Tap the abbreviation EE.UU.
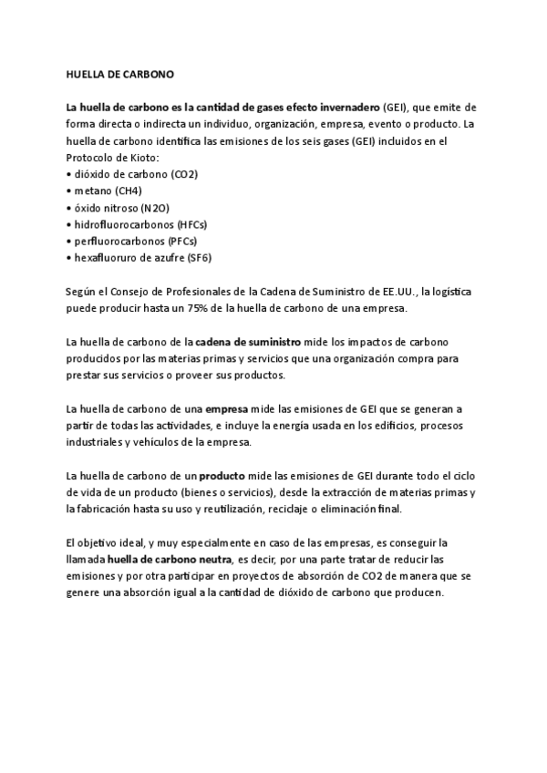pyautogui.click(x=397, y=292)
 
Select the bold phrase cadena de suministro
pyautogui.click(x=250, y=343)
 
